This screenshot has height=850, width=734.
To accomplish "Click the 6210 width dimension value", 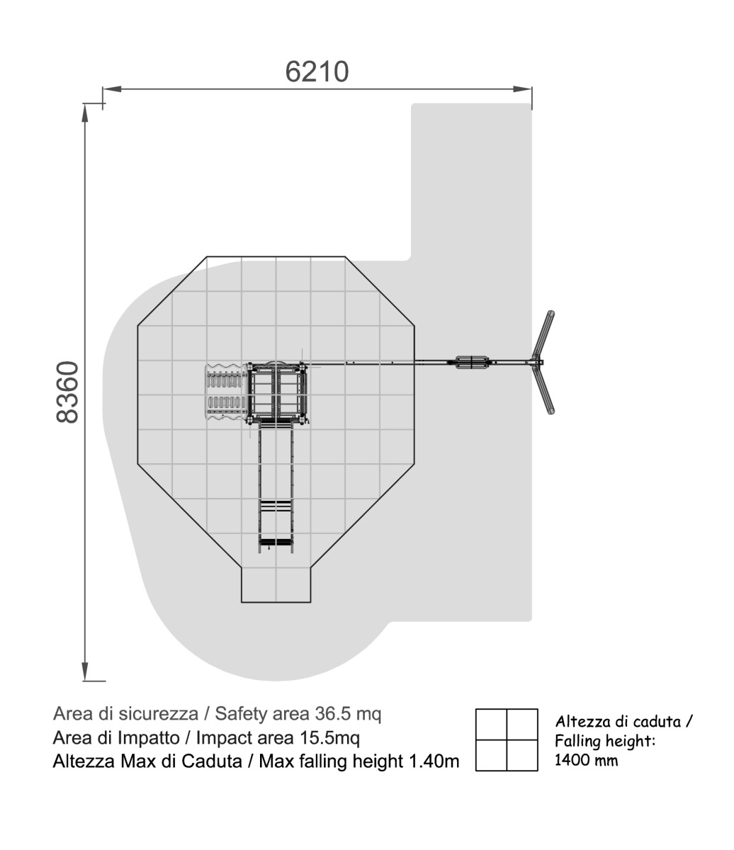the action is click(x=317, y=72).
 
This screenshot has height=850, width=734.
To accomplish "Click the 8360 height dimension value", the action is click(x=67, y=392).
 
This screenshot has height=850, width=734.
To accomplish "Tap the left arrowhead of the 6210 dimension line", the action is click(x=112, y=89).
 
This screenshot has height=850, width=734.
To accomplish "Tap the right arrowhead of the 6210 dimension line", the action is click(x=522, y=89).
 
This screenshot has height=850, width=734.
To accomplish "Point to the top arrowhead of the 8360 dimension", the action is click(x=85, y=113).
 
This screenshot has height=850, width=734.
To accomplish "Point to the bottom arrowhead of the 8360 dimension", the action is click(x=85, y=671).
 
